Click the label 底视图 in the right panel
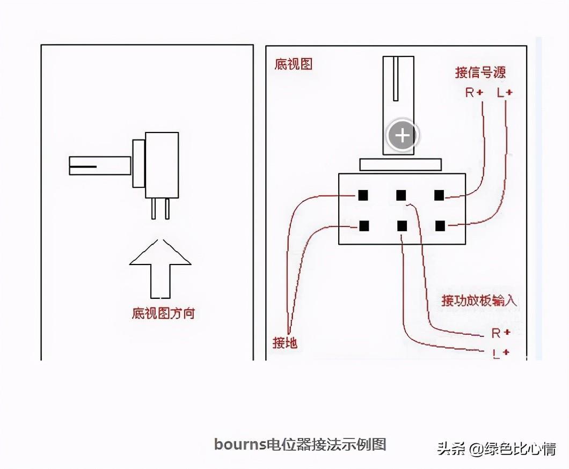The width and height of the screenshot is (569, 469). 293,65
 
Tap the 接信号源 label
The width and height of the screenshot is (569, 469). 480,72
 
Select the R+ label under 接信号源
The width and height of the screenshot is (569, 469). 474,93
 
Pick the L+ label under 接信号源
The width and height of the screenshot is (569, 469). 505,93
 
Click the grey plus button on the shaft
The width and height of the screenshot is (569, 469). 402,135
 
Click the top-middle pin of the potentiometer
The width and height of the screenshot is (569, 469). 402,195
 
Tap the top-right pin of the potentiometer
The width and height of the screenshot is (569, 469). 440,195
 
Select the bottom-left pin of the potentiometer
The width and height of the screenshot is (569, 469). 364,226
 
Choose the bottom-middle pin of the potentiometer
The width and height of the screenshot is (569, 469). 402,226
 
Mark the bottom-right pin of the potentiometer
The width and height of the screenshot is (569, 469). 440,226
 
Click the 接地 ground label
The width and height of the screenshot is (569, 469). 285,342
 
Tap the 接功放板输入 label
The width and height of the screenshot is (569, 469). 479,300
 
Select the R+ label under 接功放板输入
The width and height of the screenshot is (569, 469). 500,333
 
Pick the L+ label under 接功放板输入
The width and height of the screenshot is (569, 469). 500,353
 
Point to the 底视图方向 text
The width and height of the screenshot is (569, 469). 163,313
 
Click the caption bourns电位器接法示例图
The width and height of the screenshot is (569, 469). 300,444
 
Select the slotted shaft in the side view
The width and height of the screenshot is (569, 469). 100,165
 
